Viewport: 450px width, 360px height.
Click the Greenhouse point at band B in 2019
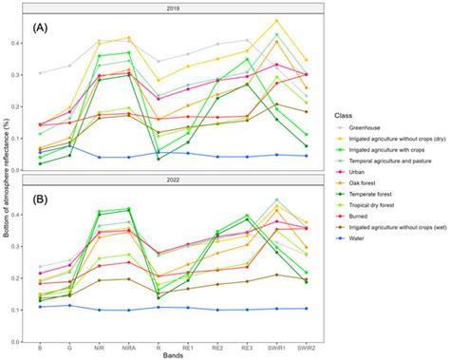[x=40, y=73]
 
